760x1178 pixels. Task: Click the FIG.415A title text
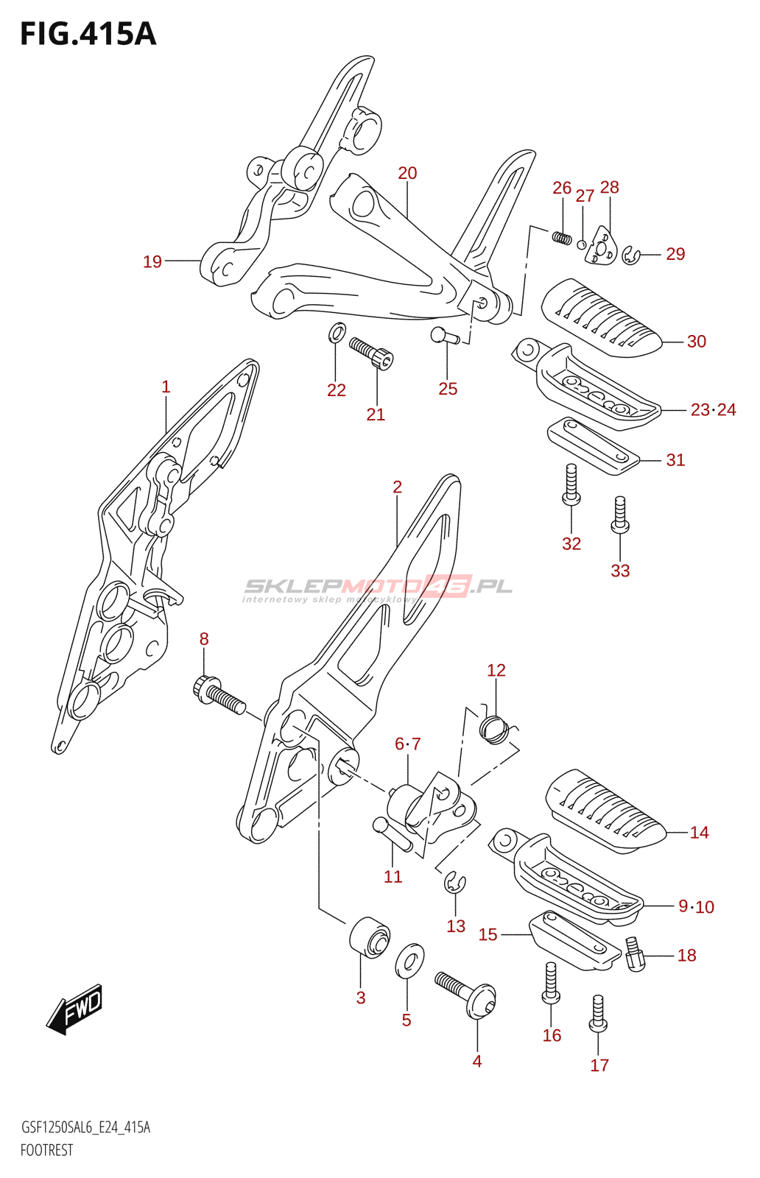click(x=88, y=34)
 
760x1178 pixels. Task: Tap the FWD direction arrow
click(x=76, y=1009)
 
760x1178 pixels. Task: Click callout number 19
click(x=152, y=261)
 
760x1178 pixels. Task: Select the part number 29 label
click(x=675, y=254)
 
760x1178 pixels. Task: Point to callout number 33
click(x=620, y=571)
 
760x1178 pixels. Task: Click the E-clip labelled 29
click(x=630, y=255)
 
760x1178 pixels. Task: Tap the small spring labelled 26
click(x=562, y=237)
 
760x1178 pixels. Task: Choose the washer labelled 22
click(x=336, y=333)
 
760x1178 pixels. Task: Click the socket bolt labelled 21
click(x=371, y=353)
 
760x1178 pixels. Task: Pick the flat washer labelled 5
click(x=409, y=961)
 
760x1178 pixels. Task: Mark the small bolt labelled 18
click(x=634, y=953)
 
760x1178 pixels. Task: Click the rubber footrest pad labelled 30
click(x=602, y=317)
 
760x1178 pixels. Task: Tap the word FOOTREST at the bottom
click(x=46, y=1150)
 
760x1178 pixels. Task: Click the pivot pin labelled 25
click(x=444, y=336)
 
